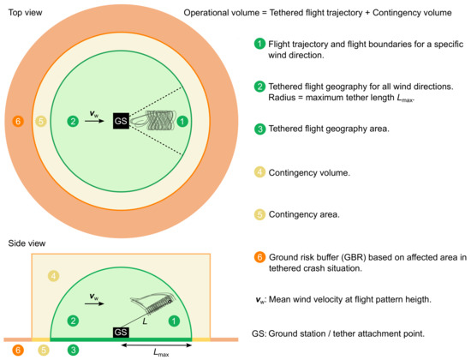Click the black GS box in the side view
click(x=121, y=332)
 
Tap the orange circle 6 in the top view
click(x=18, y=120)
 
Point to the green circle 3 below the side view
click(x=75, y=350)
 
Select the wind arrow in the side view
click(x=97, y=301)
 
